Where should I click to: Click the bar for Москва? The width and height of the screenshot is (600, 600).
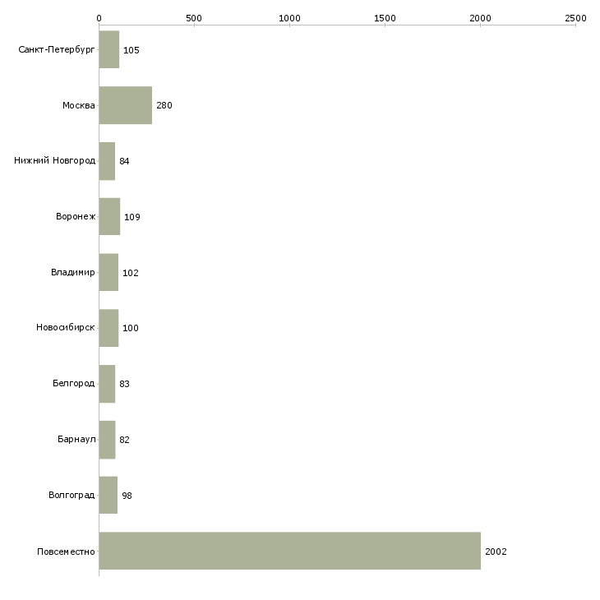pyautogui.click(x=126, y=105)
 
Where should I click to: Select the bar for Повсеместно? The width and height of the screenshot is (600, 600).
pyautogui.click(x=289, y=551)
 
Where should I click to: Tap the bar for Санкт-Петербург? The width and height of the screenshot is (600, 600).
pyautogui.click(x=109, y=49)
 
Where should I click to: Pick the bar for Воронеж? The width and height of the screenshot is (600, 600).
pyautogui.click(x=109, y=217)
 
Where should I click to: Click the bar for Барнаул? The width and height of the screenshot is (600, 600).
pyautogui.click(x=107, y=440)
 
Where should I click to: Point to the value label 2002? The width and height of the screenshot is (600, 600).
pyautogui.click(x=496, y=552)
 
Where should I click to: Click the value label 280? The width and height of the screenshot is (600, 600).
pyautogui.click(x=164, y=105)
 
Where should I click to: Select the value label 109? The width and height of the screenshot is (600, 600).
pyautogui.click(x=132, y=217)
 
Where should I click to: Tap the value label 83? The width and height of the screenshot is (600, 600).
pyautogui.click(x=124, y=384)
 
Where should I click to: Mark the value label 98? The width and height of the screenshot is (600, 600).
pyautogui.click(x=127, y=496)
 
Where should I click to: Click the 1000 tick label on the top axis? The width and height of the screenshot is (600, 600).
pyautogui.click(x=289, y=18)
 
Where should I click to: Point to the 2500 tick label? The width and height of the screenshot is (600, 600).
pyautogui.click(x=575, y=18)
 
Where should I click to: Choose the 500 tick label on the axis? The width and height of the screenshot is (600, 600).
pyautogui.click(x=194, y=18)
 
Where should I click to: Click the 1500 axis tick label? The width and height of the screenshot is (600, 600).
pyautogui.click(x=385, y=18)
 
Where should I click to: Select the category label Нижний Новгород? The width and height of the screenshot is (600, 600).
pyautogui.click(x=55, y=160)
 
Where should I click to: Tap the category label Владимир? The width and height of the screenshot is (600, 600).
pyautogui.click(x=72, y=272)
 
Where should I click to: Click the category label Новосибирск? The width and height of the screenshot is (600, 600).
pyautogui.click(x=66, y=328)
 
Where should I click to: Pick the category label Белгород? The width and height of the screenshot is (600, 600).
pyautogui.click(x=73, y=383)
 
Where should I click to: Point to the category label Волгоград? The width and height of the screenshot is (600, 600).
pyautogui.click(x=72, y=495)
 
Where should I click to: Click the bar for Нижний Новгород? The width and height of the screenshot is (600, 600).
pyautogui.click(x=107, y=161)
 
